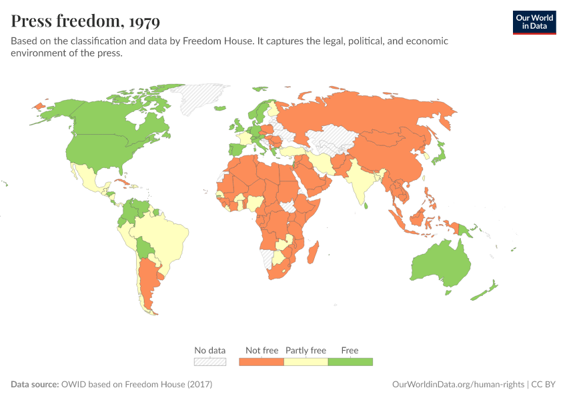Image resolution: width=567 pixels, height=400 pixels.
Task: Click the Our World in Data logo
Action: (534, 21)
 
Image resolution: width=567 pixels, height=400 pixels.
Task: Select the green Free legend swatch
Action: (350, 361)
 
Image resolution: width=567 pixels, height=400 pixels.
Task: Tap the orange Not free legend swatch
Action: (261, 361)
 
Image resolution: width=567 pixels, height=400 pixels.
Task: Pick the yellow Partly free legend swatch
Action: (306, 361)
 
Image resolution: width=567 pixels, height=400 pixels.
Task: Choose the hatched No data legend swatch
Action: (210, 361)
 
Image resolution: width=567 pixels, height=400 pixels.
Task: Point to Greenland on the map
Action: (203, 97)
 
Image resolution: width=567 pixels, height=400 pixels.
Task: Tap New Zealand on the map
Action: (484, 291)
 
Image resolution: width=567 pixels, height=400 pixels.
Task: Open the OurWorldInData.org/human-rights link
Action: (456, 385)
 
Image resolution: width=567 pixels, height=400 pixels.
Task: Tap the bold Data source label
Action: (34, 385)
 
